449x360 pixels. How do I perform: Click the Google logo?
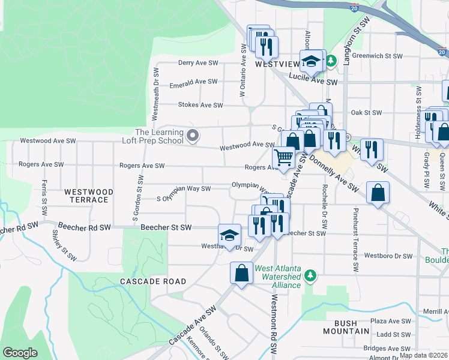click(x=20, y=353)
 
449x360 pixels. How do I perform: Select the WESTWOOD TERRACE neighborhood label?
click(x=88, y=196)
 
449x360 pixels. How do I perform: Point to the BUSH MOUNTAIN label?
click(x=346, y=326)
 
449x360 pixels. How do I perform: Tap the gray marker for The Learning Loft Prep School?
click(x=192, y=137)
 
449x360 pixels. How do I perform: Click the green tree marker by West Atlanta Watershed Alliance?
click(x=310, y=275)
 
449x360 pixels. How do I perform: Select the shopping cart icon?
click(x=283, y=157)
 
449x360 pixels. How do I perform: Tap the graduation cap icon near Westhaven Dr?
click(x=229, y=235)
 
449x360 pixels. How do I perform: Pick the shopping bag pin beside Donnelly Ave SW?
click(x=378, y=193)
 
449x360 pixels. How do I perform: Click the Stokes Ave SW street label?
click(x=200, y=105)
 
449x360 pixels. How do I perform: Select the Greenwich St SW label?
click(x=377, y=56)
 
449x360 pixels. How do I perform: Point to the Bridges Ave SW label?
click(x=387, y=348)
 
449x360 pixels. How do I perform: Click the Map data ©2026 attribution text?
click(x=423, y=355)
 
